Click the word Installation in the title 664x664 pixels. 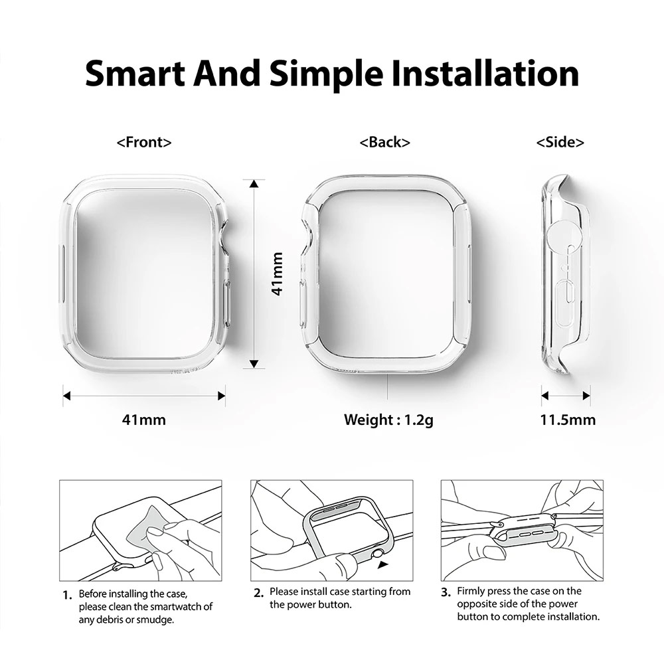coord(487,74)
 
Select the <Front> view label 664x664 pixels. coord(144,142)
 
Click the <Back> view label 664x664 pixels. coord(384,142)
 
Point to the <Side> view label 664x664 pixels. coord(560,142)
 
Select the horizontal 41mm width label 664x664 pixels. coord(144,420)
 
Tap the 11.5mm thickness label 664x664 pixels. coord(568,420)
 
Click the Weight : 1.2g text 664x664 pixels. coord(388,420)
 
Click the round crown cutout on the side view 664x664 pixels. coord(562,236)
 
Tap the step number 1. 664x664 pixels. coord(67,595)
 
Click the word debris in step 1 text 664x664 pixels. coord(114,620)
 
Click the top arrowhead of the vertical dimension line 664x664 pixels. coord(254,183)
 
